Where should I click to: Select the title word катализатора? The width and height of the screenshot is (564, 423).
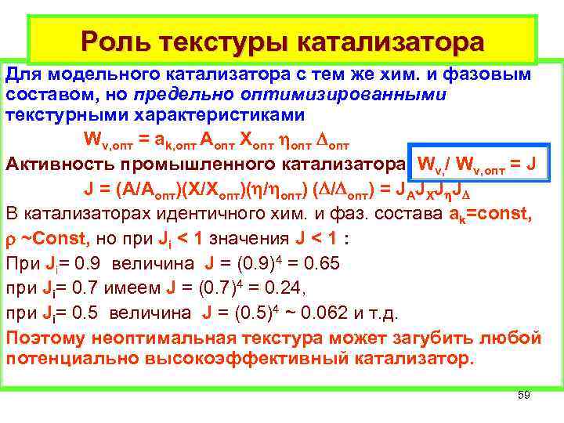pos(383,40)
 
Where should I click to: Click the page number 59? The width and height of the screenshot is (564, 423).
pos(524,396)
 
